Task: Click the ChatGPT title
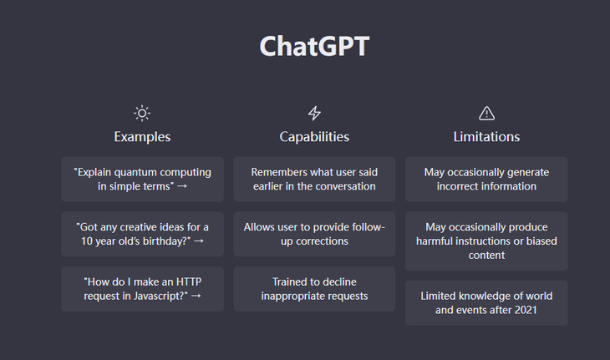[314, 46]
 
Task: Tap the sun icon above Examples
[142, 113]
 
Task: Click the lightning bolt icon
[314, 113]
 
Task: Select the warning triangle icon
[486, 113]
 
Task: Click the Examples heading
[142, 137]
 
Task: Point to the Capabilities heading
[314, 137]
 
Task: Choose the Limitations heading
[486, 137]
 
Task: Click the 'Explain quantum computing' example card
[142, 180]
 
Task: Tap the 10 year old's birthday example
[142, 234]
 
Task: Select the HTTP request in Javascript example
[142, 289]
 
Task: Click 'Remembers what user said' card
[314, 180]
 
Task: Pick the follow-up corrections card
[314, 234]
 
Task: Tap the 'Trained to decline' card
[314, 289]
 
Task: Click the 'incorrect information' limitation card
[486, 180]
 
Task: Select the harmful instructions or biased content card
[486, 241]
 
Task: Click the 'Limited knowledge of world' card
[486, 303]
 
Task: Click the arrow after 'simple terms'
[182, 186]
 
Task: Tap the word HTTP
[189, 281]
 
